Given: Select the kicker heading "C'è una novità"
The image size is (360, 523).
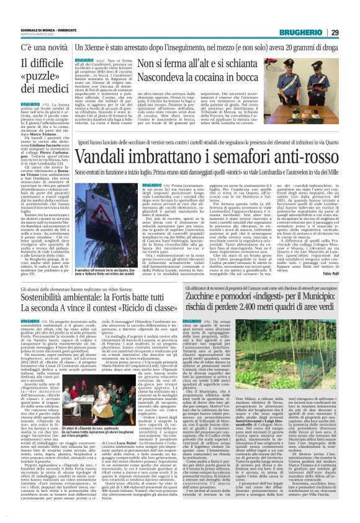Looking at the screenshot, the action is (x=31, y=30).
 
